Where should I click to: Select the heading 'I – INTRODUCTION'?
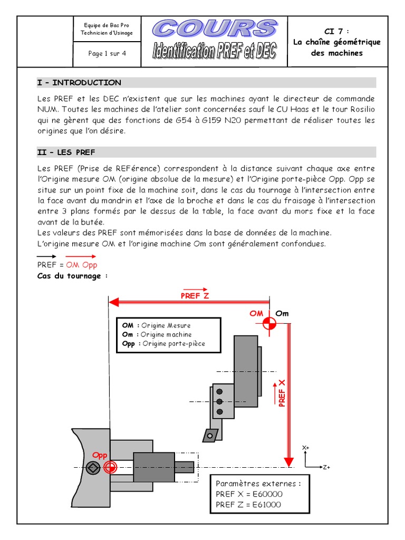click(79, 83)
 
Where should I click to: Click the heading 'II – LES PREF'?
click(66, 152)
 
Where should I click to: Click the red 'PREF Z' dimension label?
click(195, 296)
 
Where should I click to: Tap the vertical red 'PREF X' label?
click(282, 393)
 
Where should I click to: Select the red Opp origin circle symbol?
click(110, 467)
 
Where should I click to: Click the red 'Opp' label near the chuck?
click(100, 455)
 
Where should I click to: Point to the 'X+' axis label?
click(305, 448)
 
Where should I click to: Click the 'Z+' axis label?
click(326, 467)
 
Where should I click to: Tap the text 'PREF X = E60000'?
click(249, 494)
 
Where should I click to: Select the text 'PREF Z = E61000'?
click(248, 505)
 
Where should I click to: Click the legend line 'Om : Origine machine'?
click(157, 335)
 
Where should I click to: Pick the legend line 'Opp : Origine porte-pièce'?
click(163, 344)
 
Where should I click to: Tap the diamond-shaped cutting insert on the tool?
click(211, 435)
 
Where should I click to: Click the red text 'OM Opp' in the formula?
click(82, 265)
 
